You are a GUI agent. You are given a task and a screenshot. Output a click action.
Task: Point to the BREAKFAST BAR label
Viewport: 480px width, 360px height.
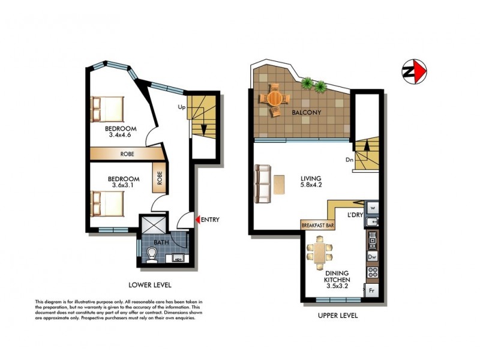pos(318,226)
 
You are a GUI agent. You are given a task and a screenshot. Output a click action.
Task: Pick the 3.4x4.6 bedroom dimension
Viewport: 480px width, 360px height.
pos(120,136)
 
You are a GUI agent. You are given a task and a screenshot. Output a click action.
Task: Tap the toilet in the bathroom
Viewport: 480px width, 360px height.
pos(152,256)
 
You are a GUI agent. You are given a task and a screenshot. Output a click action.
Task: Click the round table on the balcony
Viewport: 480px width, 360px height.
pos(274,97)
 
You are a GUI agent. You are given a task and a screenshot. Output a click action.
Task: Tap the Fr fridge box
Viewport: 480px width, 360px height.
pos(372,291)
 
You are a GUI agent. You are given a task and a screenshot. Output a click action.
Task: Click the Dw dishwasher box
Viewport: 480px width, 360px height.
pos(372,257)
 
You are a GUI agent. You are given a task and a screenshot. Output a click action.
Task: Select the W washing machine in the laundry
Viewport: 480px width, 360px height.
pos(373,208)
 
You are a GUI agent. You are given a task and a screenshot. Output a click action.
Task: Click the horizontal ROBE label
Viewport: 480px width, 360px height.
pos(127,154)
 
